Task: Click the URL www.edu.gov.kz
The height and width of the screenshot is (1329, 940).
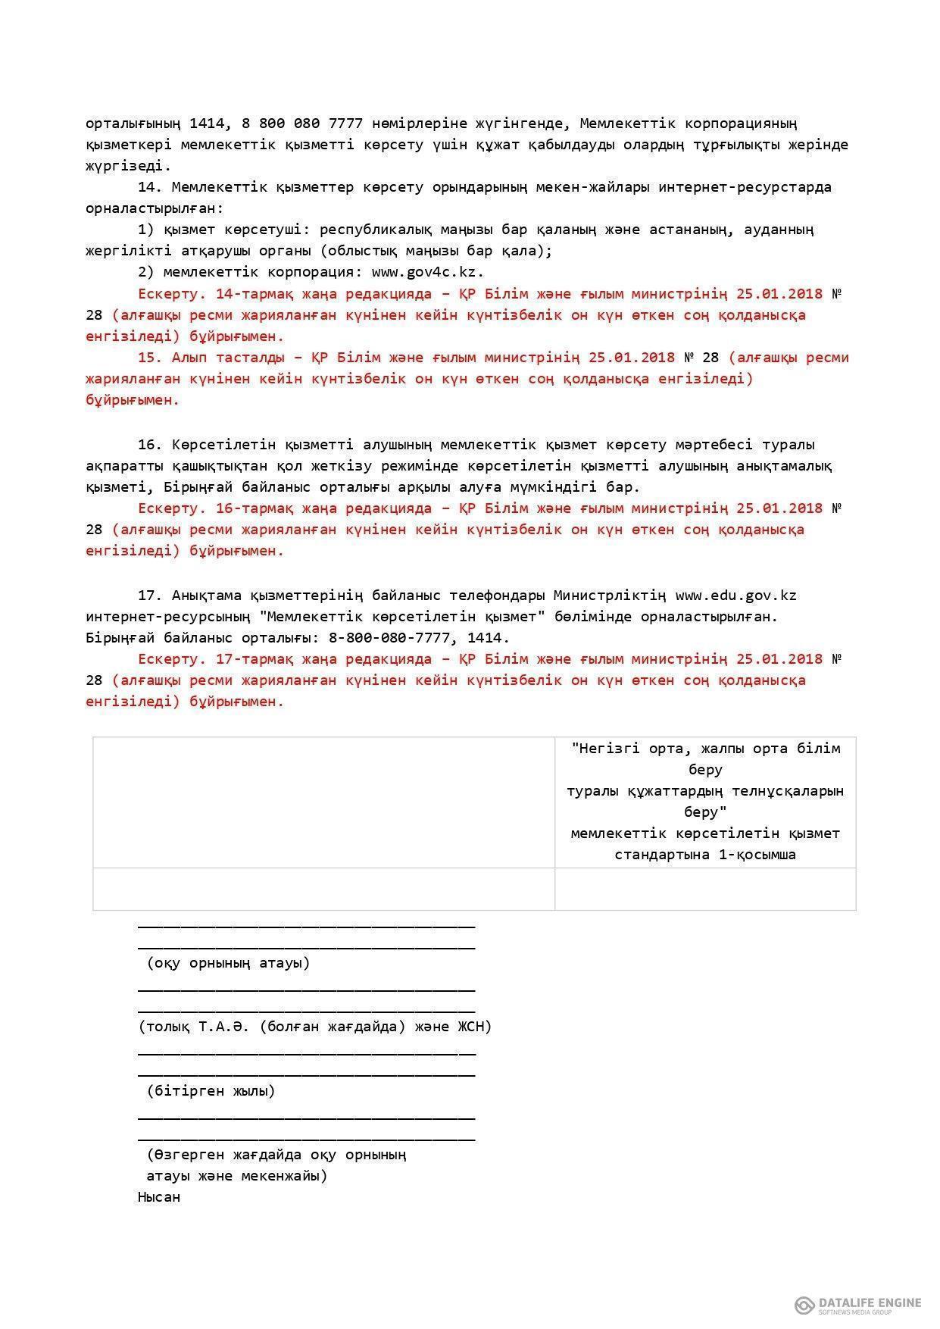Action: [x=735, y=596]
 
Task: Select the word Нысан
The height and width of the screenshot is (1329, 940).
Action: [x=159, y=1197]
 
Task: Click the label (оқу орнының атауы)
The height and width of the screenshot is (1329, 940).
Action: [x=228, y=963]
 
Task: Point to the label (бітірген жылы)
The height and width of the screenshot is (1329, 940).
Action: [x=211, y=1091]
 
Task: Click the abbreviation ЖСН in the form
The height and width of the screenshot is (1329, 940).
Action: [x=473, y=1027]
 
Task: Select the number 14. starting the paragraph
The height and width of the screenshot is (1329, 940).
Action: [x=150, y=187]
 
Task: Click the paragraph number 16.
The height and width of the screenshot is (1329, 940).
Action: [x=150, y=445]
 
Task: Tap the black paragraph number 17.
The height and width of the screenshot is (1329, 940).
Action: [x=150, y=596]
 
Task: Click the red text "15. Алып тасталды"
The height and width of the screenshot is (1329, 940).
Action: [x=210, y=358]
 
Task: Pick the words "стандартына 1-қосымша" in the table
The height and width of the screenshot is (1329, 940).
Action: [x=704, y=855]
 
